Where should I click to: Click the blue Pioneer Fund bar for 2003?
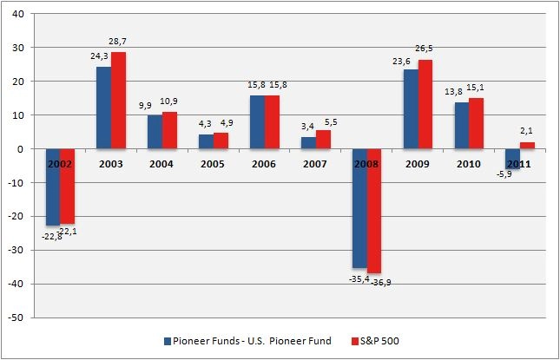coord(103,108)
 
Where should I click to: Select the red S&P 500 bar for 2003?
coord(118,101)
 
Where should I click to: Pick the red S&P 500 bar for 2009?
coord(426,104)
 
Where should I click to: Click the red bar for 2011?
coord(528,146)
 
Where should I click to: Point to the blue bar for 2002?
coord(53,187)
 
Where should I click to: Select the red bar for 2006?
coord(273,122)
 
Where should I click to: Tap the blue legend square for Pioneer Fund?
coord(168,340)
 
